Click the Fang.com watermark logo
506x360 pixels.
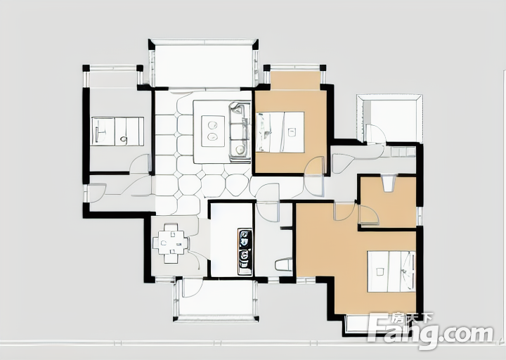pyautogui.click(x=431, y=330)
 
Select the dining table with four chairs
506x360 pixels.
pyautogui.click(x=170, y=243)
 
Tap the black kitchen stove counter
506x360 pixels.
pyautogui.click(x=245, y=252)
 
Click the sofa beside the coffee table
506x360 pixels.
pyautogui.click(x=240, y=131)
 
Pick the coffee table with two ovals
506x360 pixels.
pyautogui.click(x=213, y=131)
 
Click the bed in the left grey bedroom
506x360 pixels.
pyautogui.click(x=118, y=131)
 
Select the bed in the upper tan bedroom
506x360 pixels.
pyautogui.click(x=280, y=131)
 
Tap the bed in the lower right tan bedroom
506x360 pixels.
pyautogui.click(x=391, y=271)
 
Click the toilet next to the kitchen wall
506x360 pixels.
pyautogui.click(x=283, y=265)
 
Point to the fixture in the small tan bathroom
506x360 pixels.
pyautogui.click(x=388, y=184)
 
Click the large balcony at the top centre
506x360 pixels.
pyautogui.click(x=204, y=65)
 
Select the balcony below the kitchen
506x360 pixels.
pyautogui.click(x=216, y=300)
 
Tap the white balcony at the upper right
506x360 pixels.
pyautogui.click(x=390, y=119)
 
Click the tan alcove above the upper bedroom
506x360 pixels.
pyautogui.click(x=295, y=80)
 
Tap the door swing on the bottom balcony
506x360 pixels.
pyautogui.click(x=193, y=288)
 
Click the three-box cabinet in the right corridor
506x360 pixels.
pyautogui.click(x=403, y=152)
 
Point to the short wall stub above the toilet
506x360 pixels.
pyautogui.click(x=286, y=229)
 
